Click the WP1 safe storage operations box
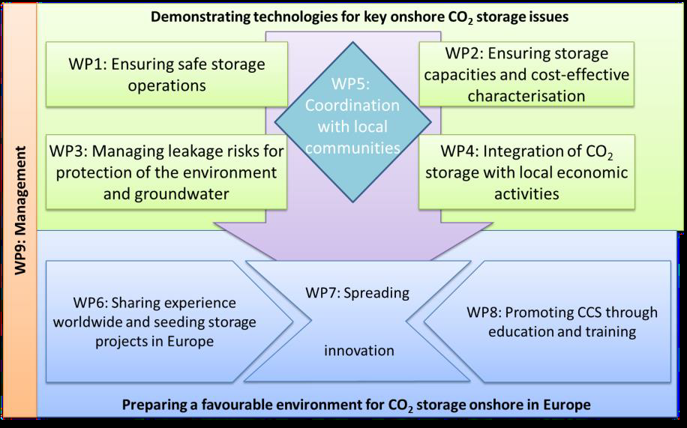tap(166, 74)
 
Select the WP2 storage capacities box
tap(526, 74)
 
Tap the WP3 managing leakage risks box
tap(166, 172)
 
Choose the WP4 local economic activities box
tap(526, 172)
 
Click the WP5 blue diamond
tap(352, 121)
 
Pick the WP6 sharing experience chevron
tap(169, 322)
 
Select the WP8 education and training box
tap(547, 322)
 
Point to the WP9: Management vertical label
tap(20, 211)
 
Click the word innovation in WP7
tap(359, 351)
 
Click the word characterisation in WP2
tap(526, 95)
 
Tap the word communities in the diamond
tap(352, 148)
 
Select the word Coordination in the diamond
tap(352, 106)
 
